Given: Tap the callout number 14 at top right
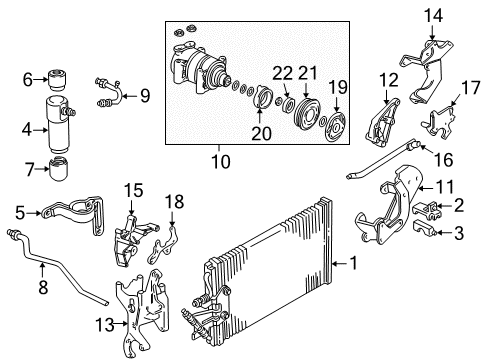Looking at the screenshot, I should (433, 15).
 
